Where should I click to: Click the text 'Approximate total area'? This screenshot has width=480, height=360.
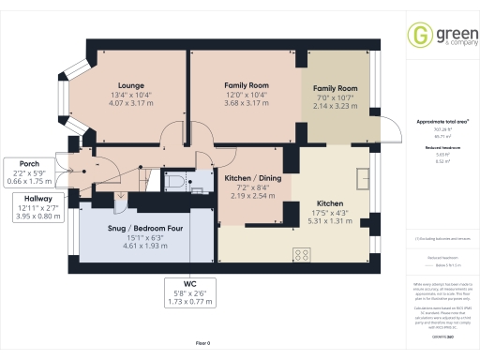pyautogui.click(x=442, y=122)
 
